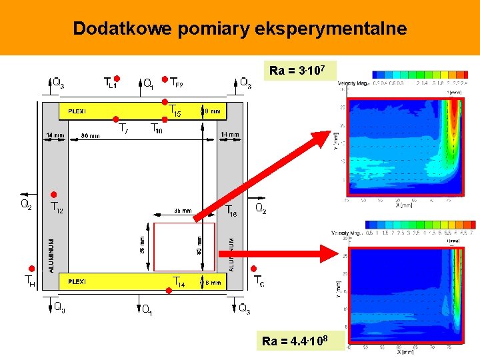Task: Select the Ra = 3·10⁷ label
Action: pos(297,71)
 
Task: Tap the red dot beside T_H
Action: pos(31,267)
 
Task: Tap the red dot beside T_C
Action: pos(253,269)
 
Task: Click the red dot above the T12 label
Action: pos(55,195)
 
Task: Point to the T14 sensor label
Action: pos(179,283)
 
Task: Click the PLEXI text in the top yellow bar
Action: pos(77,111)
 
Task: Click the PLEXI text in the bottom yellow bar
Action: pos(77,282)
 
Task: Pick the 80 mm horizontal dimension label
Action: pos(91,135)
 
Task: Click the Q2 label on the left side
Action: pos(26,205)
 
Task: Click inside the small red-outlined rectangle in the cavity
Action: pos(184,247)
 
